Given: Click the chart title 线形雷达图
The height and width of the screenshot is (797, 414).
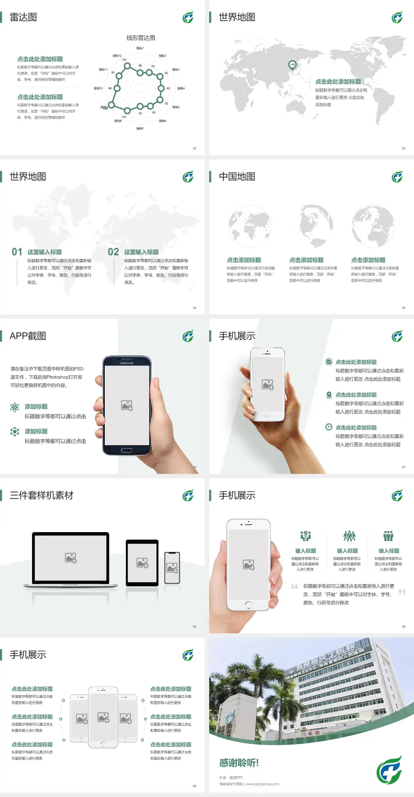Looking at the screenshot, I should coord(141,38).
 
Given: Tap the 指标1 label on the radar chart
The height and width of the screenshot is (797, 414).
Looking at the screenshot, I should coord(140,48).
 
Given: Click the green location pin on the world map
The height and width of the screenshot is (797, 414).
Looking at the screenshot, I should coord(292,65).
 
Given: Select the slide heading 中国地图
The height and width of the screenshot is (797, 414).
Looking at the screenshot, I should coord(237,177).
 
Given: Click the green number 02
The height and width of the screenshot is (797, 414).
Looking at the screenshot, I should coord(113,252).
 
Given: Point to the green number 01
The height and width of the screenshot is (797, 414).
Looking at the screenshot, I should coord(17,252).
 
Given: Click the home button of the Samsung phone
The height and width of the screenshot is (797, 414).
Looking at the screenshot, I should coord(126,450).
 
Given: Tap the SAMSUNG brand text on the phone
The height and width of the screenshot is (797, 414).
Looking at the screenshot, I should coord(127,363).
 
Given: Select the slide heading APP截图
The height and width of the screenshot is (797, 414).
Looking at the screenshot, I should coord(28,336).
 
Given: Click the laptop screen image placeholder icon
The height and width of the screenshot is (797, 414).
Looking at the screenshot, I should coord(71,558).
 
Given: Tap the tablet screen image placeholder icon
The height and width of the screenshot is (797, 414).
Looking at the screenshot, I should coord(142,563).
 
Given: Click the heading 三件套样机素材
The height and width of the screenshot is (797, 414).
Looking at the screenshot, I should coord(41,495).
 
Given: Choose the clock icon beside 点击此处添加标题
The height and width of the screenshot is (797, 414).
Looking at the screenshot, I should coord(329,427).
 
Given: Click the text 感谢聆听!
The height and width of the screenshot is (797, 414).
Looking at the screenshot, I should coord(239,763).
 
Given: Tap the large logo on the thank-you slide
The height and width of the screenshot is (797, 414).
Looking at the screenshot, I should coord(389,769).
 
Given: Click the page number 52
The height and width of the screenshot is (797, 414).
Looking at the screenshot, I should coord(194,148).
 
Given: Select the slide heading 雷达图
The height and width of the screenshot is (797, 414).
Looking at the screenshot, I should coord(23,17).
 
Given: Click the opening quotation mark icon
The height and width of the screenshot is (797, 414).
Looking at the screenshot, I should coord(295,586).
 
